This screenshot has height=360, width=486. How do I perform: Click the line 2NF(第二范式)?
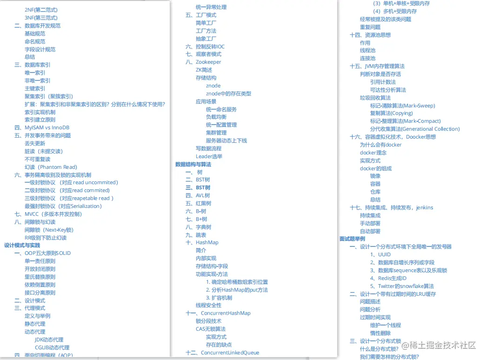pos(41,10)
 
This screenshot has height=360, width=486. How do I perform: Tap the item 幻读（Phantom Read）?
pos(51,167)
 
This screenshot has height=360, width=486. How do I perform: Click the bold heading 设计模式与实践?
pos(22,245)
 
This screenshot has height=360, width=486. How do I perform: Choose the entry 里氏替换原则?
pos(40,277)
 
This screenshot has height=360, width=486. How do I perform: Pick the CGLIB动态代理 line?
pos(52,347)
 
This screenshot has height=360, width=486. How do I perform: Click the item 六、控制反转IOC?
pos(205,47)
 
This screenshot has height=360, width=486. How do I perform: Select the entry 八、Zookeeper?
pos(203,62)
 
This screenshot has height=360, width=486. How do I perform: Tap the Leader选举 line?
pos(209,156)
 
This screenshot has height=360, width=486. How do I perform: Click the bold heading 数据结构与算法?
pos(193,164)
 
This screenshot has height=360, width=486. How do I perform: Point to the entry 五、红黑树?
pos(199,203)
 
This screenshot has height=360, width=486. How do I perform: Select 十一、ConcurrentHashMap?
pos(218,313)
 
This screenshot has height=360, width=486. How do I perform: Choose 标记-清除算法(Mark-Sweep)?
pos(403,106)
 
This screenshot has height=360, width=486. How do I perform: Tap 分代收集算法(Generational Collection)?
pos(415,129)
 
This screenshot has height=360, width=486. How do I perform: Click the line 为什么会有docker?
pos(380,145)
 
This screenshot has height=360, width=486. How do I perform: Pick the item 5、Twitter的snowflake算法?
pos(402,286)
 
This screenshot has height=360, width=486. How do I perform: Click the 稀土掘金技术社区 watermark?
pos(439,345)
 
